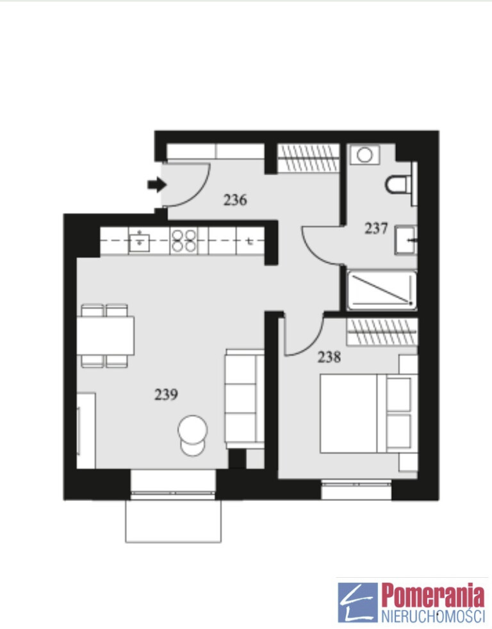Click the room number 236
[x=235, y=199]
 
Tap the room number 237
[x=376, y=228]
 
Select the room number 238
[x=329, y=357]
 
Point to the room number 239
[x=166, y=395]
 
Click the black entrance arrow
[x=157, y=185]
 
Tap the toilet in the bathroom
[x=399, y=185]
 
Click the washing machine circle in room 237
[x=365, y=155]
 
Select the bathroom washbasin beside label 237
[x=406, y=240]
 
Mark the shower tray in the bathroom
[x=382, y=290]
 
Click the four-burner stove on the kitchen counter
[x=184, y=241]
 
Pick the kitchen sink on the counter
[x=139, y=241]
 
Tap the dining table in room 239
[x=105, y=336]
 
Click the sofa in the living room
[x=244, y=399]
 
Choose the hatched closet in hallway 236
[x=308, y=158]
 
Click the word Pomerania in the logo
[x=433, y=596]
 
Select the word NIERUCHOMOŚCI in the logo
[x=433, y=616]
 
